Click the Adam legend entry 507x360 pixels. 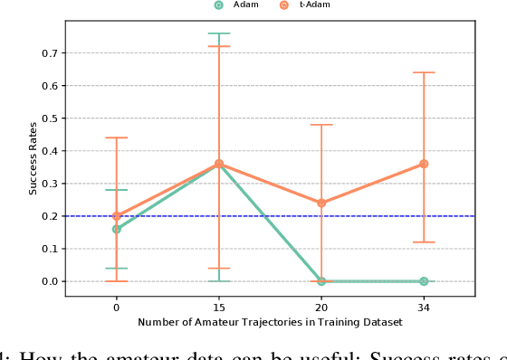coord(233,5)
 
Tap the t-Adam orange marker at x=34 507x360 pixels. coord(424,164)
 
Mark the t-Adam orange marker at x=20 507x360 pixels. coord(321,203)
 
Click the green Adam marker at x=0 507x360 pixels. coord(116,229)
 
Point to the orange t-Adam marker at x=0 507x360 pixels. coord(116,216)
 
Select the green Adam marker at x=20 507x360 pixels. coord(321,281)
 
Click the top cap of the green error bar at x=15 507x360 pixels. coord(218,33)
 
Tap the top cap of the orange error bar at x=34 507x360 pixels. coord(424,72)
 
